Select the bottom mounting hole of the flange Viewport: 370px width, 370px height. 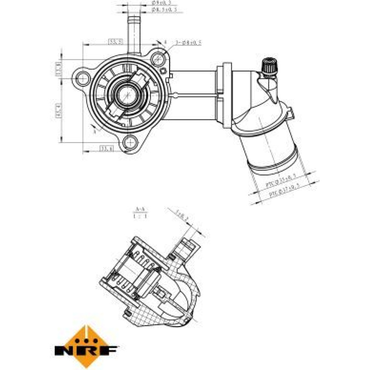(131, 141)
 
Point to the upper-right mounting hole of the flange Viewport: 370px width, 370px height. (158, 58)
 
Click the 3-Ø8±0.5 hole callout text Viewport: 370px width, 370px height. (188, 43)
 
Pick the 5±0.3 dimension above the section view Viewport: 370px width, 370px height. (182, 215)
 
